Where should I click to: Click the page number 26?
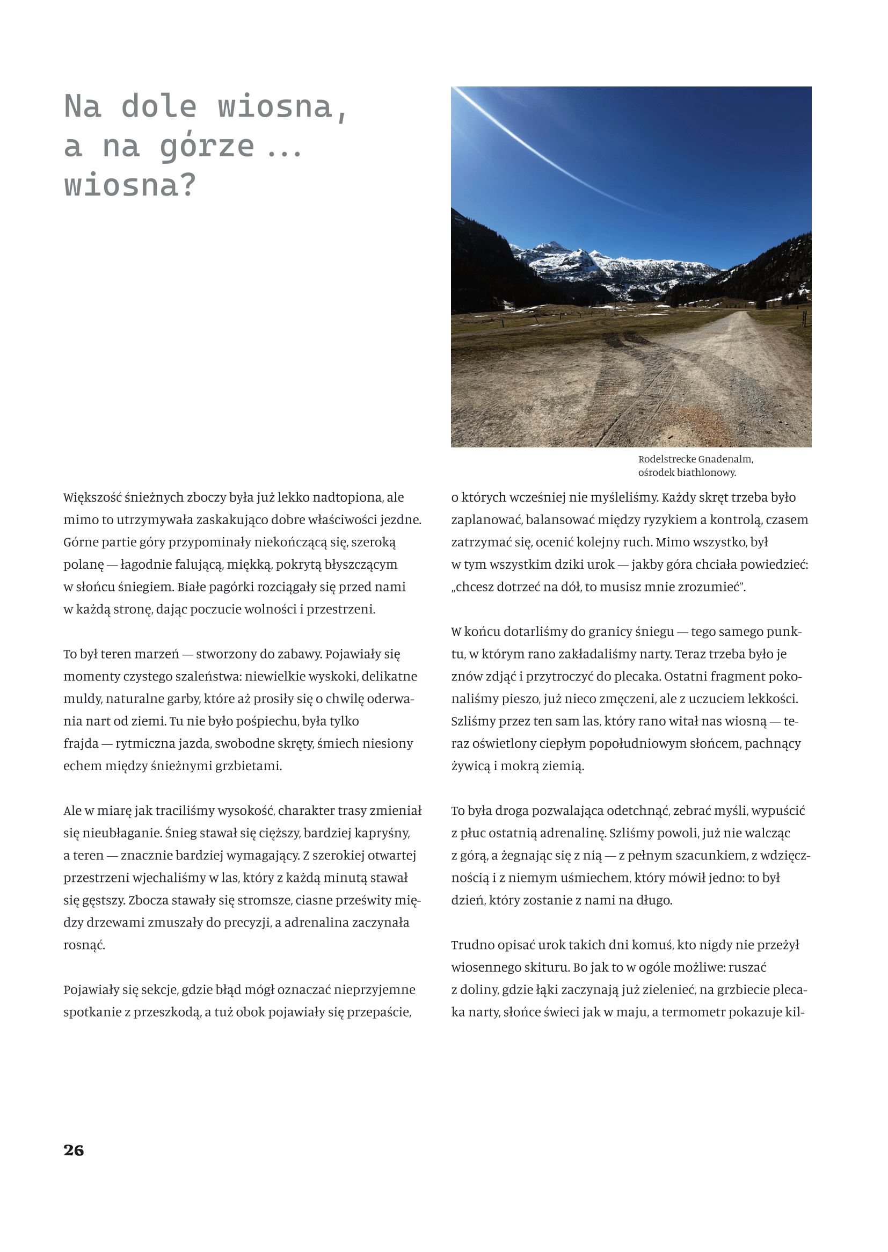point(73,1150)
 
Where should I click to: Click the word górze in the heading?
point(207,147)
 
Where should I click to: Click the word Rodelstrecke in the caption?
point(666,459)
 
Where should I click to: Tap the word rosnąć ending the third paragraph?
point(84,945)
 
